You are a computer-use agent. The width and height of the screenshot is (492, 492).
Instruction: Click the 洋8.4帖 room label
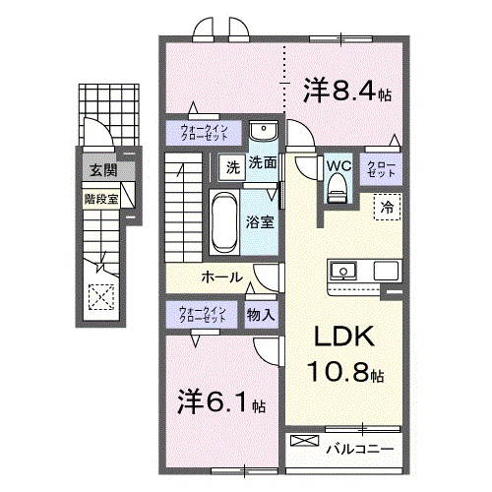pyautogui.click(x=347, y=92)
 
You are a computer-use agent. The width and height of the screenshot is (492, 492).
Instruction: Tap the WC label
pyautogui.click(x=338, y=165)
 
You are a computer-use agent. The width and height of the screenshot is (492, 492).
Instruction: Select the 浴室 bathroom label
pyautogui.click(x=261, y=222)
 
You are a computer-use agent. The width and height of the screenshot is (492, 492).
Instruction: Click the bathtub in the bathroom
pyautogui.click(x=223, y=222)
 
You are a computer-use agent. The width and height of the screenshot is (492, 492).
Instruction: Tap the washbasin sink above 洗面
pyautogui.click(x=263, y=133)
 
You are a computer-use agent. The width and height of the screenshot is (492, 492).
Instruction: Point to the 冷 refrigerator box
pyautogui.click(x=388, y=208)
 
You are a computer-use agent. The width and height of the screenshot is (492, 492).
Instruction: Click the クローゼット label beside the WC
pyautogui.click(x=382, y=168)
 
